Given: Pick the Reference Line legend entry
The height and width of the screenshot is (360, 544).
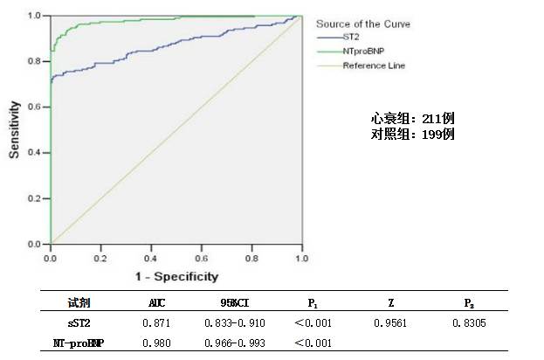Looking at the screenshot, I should point(373,66).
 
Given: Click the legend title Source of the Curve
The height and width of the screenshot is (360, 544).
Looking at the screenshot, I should point(362,24).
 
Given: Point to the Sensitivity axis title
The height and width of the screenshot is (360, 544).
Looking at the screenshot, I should point(14,128).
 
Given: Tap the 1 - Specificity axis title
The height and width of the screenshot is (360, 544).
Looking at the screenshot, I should point(176,276).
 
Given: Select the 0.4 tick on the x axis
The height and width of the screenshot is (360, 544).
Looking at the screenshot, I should point(151,260).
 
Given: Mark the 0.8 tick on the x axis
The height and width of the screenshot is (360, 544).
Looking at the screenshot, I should point(251,260).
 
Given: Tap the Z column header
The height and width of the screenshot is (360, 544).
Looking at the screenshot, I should point(389,303).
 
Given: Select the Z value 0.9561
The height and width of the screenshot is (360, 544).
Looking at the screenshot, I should point(389,323).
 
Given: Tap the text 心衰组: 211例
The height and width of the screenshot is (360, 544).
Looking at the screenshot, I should point(412,119).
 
